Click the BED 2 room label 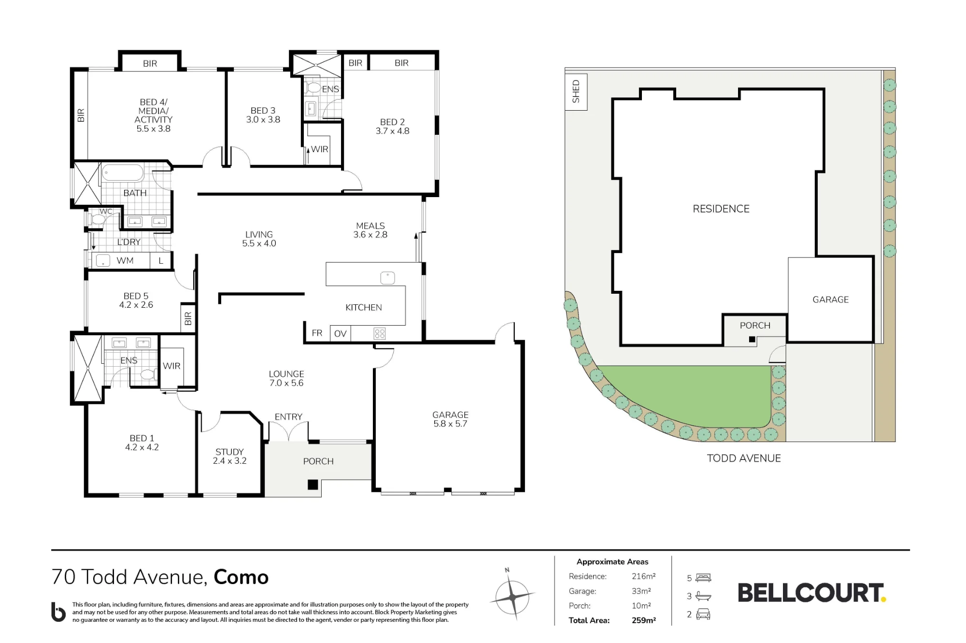click(392, 122)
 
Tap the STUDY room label click(229, 452)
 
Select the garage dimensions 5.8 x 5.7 click(450, 424)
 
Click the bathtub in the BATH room click(123, 173)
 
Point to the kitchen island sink click(387, 278)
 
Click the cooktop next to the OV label click(380, 333)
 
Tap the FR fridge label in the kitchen click(317, 333)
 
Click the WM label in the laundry click(125, 261)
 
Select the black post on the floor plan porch click(313, 485)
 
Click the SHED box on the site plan click(576, 92)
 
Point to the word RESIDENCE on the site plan click(721, 209)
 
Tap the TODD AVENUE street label click(744, 458)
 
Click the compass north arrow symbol click(512, 597)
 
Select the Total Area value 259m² click(643, 620)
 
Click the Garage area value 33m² click(641, 591)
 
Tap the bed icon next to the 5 click(703, 578)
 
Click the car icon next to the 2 click(703, 614)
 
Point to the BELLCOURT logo click(812, 593)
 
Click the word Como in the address click(241, 577)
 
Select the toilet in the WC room click(98, 220)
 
